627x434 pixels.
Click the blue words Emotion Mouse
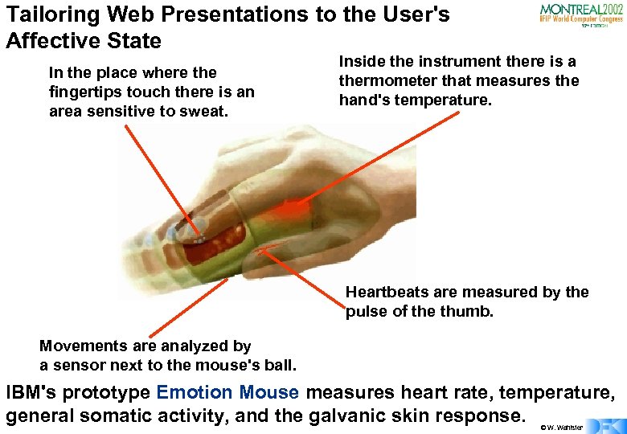pos(228,393)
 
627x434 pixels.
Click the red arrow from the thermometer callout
pos(386,153)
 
